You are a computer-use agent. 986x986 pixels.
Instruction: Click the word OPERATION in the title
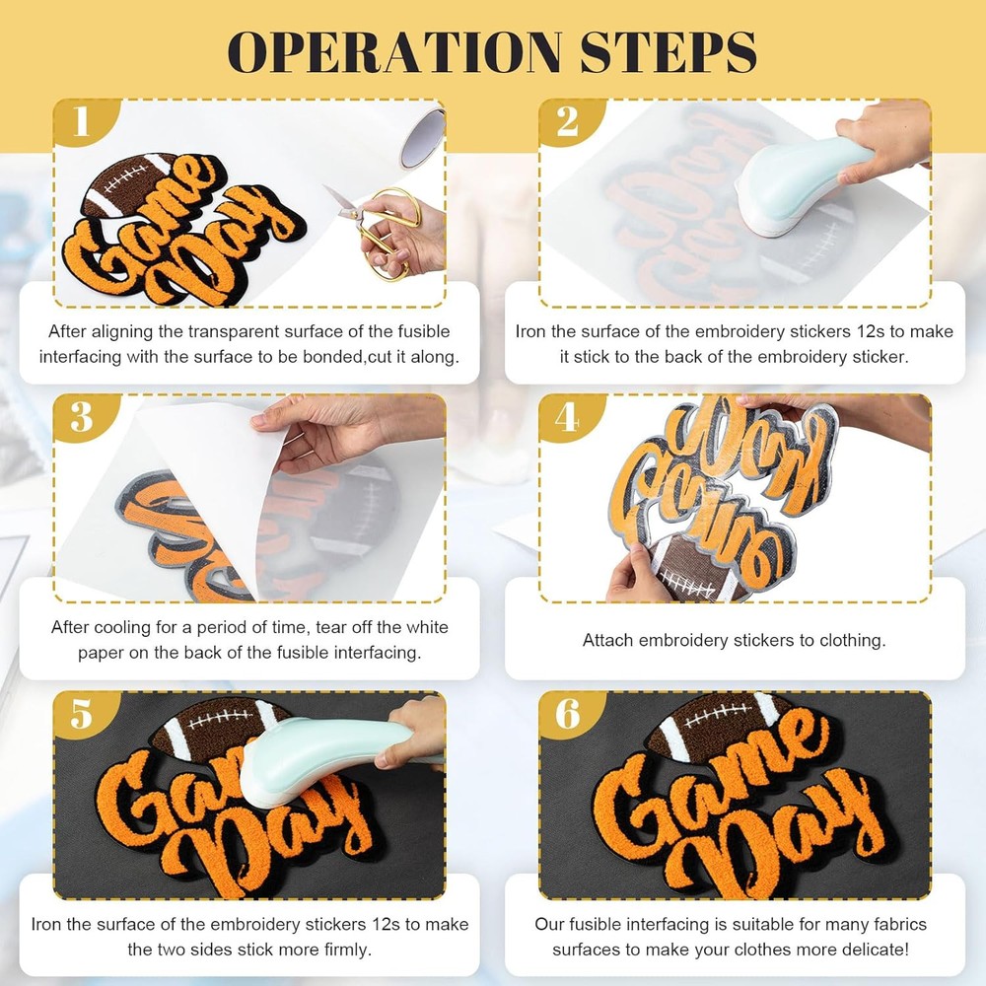(394, 51)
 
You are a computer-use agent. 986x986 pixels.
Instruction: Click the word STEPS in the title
(669, 51)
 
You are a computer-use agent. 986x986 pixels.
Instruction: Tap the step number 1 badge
(82, 121)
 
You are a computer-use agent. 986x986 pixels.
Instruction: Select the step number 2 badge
(568, 121)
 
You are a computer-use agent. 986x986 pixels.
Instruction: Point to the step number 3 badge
(82, 417)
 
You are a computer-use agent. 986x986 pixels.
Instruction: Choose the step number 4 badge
(568, 417)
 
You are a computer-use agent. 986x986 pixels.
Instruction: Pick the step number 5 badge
(82, 714)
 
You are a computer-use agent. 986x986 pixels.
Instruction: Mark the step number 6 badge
(568, 714)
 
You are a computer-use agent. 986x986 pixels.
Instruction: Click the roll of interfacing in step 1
(423, 138)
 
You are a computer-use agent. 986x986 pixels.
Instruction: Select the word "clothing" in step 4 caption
(852, 641)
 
